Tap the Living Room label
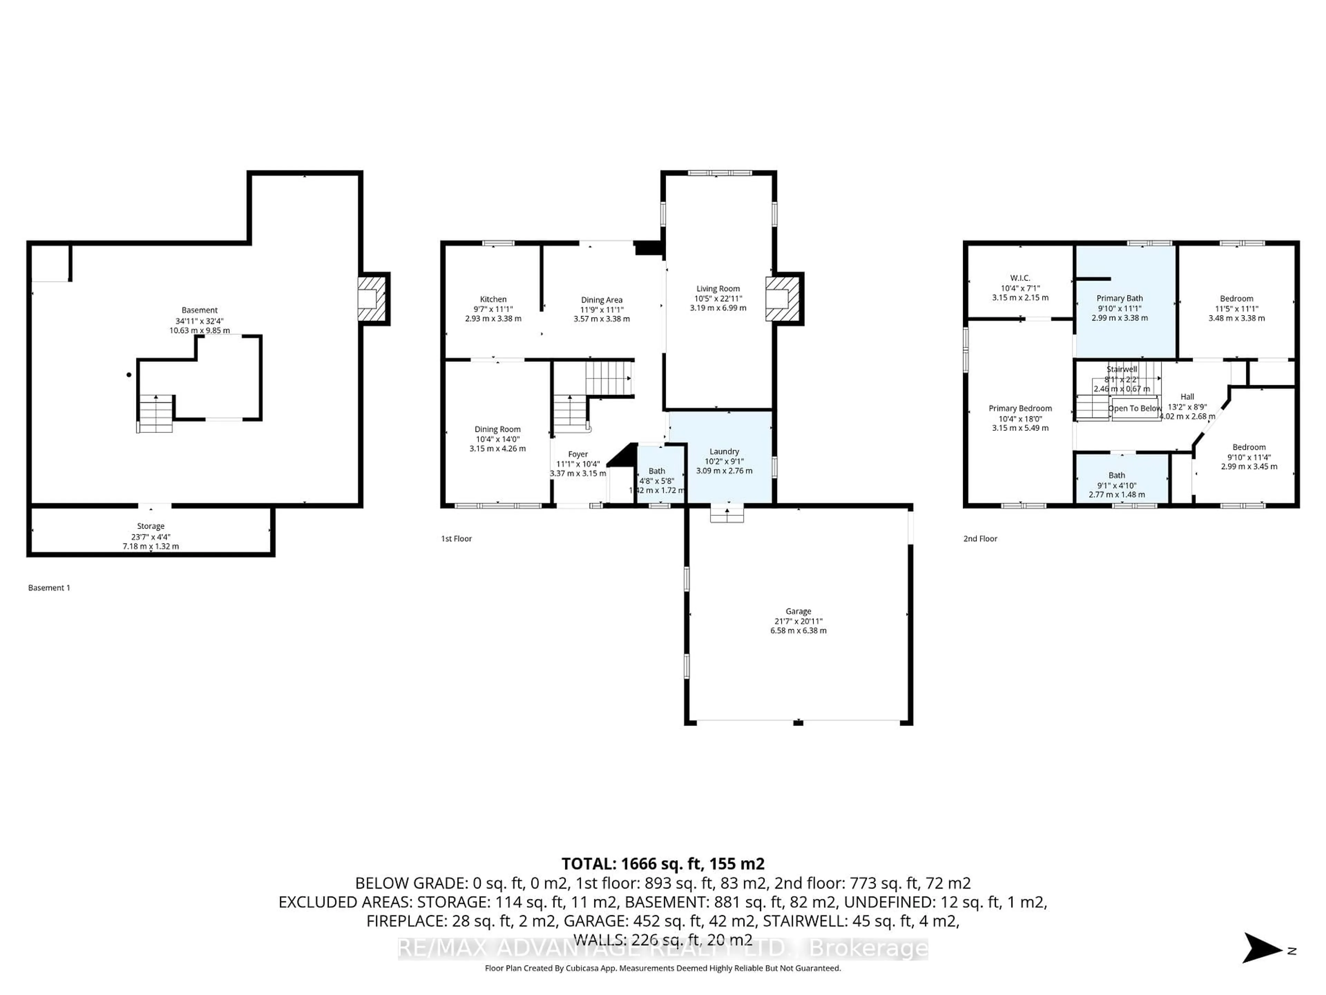[718, 288]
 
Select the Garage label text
[798, 611]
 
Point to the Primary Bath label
[1119, 298]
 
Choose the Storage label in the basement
[151, 526]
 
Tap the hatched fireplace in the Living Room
[784, 299]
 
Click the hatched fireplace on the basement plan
[372, 299]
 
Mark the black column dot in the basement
[129, 375]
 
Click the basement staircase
[155, 414]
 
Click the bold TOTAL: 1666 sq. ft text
[662, 864]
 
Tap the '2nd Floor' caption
[980, 539]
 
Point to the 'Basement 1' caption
[49, 588]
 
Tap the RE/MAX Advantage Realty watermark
[662, 948]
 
